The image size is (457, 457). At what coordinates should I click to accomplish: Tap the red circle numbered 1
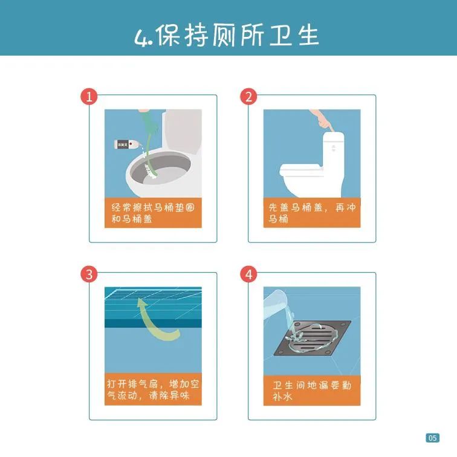(89, 97)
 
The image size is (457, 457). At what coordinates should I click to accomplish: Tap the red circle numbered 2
(248, 97)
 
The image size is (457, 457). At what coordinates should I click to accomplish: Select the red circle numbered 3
(89, 274)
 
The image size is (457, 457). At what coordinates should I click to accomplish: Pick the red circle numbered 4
(248, 274)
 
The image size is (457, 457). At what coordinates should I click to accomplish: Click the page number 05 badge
(432, 438)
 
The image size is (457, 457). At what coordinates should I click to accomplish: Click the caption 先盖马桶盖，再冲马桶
(311, 213)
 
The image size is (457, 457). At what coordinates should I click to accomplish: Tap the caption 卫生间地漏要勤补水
(311, 391)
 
